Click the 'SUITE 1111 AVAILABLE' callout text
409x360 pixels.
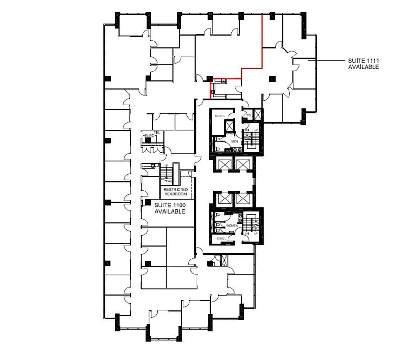363,64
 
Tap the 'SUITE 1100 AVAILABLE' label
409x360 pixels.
170,208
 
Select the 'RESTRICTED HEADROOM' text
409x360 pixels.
175,192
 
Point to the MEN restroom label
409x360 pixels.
235,141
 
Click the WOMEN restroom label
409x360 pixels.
232,226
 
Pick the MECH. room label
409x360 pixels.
219,116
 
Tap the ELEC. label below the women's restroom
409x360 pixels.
221,238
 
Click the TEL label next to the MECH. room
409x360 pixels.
249,115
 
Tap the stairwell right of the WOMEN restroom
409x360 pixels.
252,225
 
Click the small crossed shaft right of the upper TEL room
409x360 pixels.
258,115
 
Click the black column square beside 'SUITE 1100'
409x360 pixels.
148,202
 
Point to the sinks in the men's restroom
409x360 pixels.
236,149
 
